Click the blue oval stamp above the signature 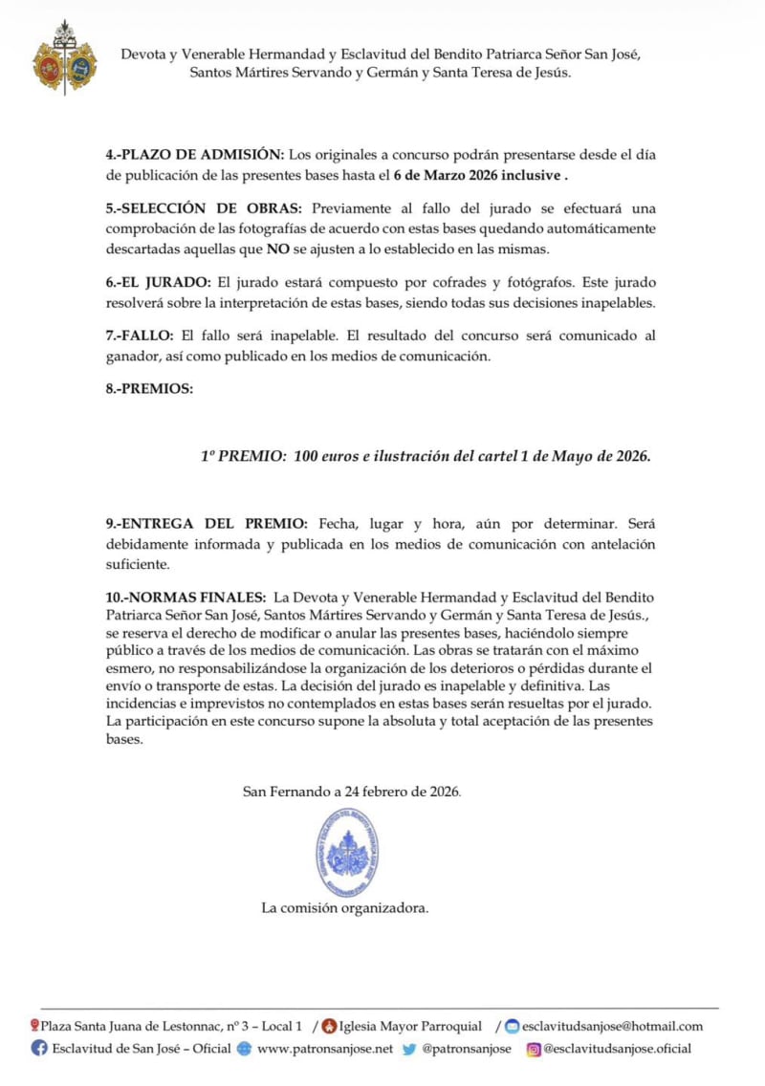(347, 851)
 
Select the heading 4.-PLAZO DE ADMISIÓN (195, 155)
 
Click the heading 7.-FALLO (140, 337)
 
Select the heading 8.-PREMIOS (147, 390)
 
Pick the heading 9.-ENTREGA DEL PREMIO (207, 524)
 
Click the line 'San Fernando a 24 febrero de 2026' (352, 792)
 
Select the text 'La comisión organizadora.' (345, 908)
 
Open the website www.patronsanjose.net (325, 1049)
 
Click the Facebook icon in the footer (39, 1049)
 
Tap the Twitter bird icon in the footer (409, 1049)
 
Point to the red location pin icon (34, 1026)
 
